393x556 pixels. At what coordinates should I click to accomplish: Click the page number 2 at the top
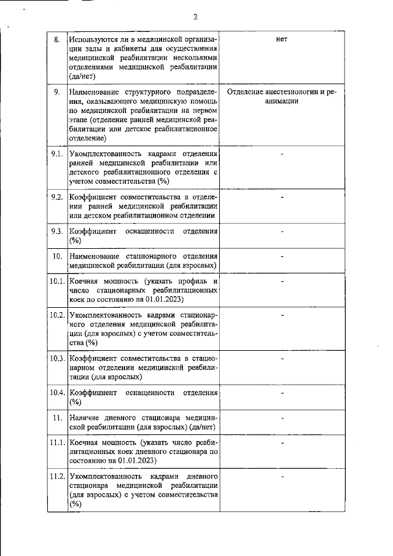coord(195,17)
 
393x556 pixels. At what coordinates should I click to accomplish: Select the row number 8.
coord(57,40)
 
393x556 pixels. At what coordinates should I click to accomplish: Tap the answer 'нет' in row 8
coord(282,40)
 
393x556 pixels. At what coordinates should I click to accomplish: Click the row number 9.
coord(57,92)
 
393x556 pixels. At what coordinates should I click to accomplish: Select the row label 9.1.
coord(57,153)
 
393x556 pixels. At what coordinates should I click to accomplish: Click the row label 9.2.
coord(57,197)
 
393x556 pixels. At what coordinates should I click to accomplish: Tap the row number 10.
coord(57,256)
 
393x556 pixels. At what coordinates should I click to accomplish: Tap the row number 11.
coord(57,417)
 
